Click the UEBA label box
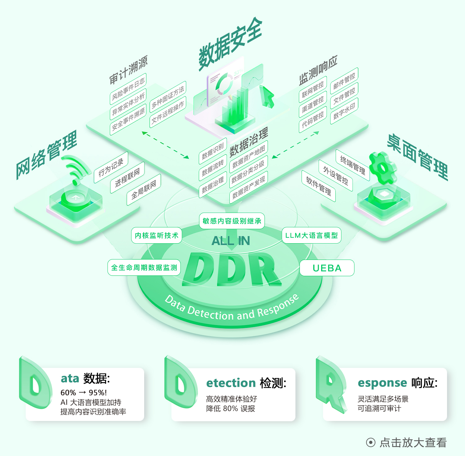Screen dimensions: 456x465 pyautogui.click(x=327, y=268)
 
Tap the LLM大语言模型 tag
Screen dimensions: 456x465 pyautogui.click(x=311, y=235)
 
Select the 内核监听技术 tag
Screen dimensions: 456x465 pyautogui.click(x=157, y=235)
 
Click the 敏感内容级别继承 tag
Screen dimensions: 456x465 pyautogui.click(x=232, y=221)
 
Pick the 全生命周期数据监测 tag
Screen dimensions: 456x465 pyautogui.click(x=144, y=267)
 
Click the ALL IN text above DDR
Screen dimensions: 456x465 pyautogui.click(x=231, y=241)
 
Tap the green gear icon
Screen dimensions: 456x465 pyautogui.click(x=383, y=168)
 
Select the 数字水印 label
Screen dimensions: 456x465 pyautogui.click(x=344, y=111)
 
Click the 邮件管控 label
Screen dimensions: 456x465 pyautogui.click(x=344, y=80)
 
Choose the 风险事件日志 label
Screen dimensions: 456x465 pyautogui.click(x=128, y=89)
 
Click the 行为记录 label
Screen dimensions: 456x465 pyautogui.click(x=111, y=168)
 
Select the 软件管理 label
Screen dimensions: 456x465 pyautogui.click(x=319, y=186)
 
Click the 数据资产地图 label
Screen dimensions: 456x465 pyautogui.click(x=249, y=157)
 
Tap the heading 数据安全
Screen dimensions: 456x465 pyautogui.click(x=230, y=43)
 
